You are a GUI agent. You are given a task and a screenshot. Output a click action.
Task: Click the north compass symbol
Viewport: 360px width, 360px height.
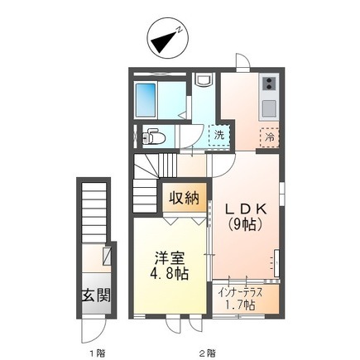coord(167,38)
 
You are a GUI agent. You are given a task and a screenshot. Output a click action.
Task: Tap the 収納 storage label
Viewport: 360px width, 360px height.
coord(184,197)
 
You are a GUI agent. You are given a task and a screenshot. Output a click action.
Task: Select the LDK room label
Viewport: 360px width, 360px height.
coord(246,209)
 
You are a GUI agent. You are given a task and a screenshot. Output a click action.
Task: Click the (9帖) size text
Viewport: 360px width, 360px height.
coord(245,225)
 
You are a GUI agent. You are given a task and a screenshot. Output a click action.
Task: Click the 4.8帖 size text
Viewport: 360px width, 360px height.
coord(169,274)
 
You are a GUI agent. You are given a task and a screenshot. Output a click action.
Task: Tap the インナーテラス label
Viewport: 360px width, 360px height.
coord(240,293)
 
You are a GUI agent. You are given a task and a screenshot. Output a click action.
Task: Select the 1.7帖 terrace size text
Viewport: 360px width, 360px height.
coord(240,305)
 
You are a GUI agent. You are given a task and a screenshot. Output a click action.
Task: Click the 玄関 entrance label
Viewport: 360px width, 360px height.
coord(96,295)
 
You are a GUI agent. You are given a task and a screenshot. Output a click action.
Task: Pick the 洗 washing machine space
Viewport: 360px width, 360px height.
coord(219,136)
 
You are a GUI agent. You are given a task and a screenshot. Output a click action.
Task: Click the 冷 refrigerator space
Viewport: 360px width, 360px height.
coord(270,137)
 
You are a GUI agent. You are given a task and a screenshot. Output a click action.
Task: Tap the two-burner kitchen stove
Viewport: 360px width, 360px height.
coord(269,84)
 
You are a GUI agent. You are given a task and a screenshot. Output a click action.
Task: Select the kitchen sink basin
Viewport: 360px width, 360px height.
coord(269,108)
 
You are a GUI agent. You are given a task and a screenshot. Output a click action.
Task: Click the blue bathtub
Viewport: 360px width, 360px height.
coord(146,100)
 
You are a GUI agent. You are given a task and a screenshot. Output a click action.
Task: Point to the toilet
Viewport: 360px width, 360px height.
coord(153,137)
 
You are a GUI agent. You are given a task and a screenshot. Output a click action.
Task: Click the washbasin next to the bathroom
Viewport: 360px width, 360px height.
coord(203,79)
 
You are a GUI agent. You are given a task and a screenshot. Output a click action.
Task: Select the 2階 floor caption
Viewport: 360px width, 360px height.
coord(208,345)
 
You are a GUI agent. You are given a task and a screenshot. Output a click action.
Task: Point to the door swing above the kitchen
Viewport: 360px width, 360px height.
coord(243,60)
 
